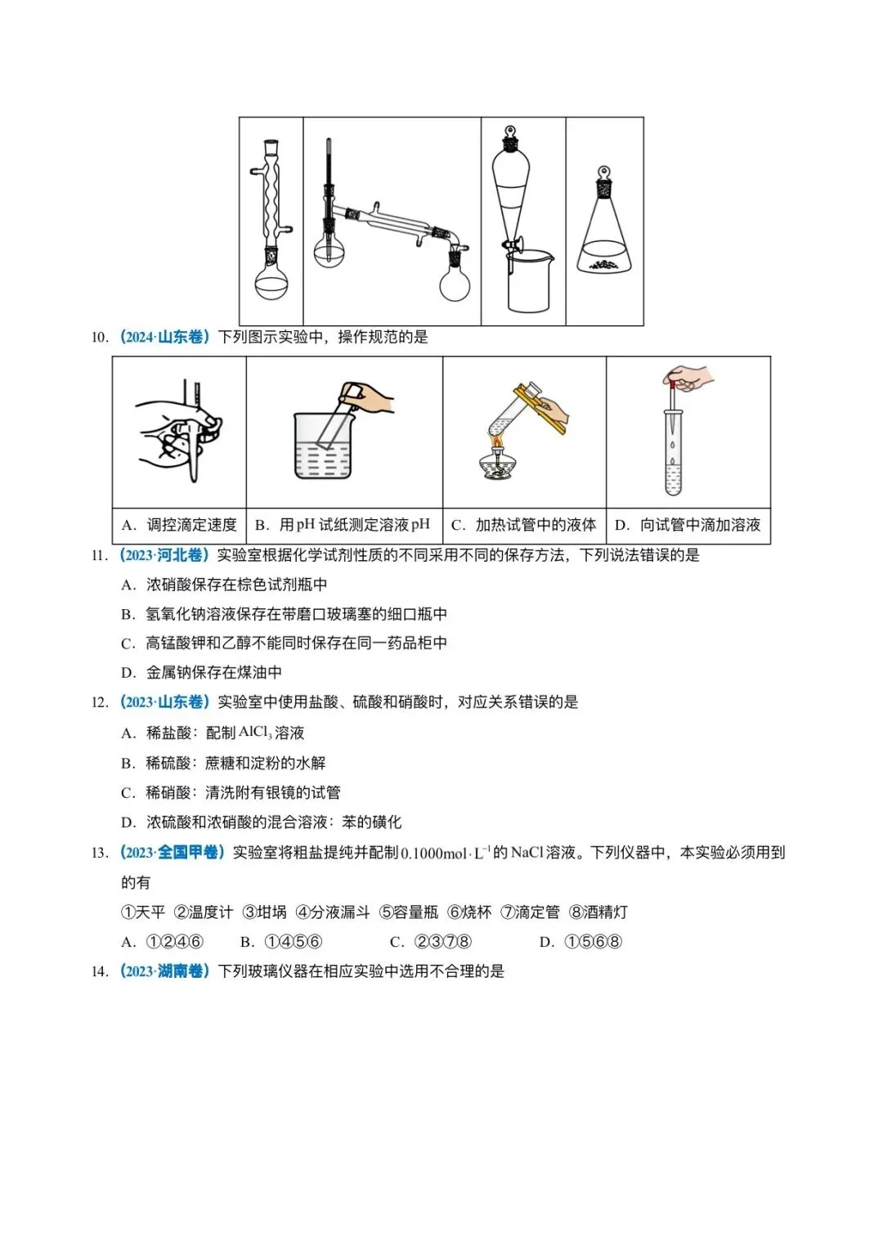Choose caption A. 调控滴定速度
(x=179, y=525)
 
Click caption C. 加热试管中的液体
(x=524, y=525)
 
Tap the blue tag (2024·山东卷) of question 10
(x=164, y=337)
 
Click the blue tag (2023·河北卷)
(x=164, y=555)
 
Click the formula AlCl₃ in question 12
(x=255, y=733)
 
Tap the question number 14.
(x=99, y=971)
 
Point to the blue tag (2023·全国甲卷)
(x=172, y=853)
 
